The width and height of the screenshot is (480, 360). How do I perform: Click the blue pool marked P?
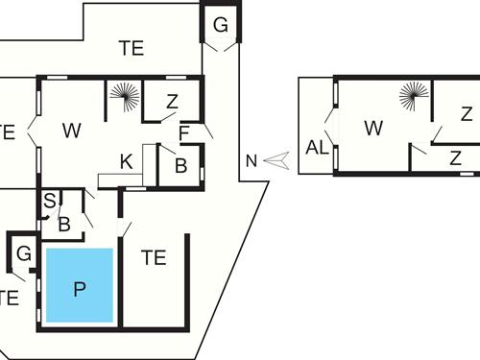pos(80,286)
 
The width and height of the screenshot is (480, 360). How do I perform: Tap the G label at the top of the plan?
pos(220,26)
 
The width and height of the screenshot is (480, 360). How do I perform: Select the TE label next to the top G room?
pos(132,48)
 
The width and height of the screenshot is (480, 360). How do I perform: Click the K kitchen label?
pos(126,162)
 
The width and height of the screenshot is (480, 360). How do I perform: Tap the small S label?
pos(49,202)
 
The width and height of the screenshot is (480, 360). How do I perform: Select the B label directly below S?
pos(63,225)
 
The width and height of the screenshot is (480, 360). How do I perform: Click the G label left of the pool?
pos(25,254)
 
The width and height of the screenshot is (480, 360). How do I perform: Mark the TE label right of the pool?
pos(154,257)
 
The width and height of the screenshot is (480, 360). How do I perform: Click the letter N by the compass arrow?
pos(252,161)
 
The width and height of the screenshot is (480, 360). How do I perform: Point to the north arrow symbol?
pos(276,160)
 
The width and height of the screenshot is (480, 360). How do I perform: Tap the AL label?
pos(317,148)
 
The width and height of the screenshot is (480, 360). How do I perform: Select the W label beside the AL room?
pos(373,128)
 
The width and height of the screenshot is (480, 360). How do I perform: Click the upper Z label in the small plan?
pos(466,114)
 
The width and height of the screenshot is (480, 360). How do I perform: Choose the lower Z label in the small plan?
pos(456,157)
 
